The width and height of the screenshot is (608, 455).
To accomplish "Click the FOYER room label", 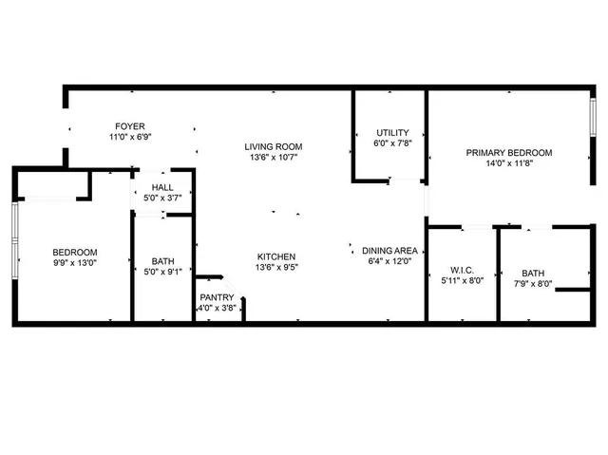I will click(130, 126).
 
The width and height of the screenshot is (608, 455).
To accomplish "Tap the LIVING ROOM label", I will click(274, 146).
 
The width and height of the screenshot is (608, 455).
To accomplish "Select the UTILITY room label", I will click(391, 132).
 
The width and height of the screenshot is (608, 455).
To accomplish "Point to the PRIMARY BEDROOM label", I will click(508, 152).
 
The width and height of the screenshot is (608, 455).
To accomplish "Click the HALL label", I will click(162, 188).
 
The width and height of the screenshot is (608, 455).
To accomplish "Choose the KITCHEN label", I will click(276, 256).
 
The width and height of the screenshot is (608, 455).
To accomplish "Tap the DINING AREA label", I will click(390, 251).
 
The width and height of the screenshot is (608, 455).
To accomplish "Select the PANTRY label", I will click(216, 298).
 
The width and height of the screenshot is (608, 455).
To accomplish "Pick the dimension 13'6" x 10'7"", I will click(274, 158).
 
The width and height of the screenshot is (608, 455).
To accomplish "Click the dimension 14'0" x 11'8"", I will click(508, 163).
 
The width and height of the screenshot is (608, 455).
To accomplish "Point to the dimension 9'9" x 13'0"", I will click(75, 263).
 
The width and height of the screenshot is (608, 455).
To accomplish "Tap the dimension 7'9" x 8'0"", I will click(533, 282).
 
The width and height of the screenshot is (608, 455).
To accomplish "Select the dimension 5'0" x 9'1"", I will click(162, 274).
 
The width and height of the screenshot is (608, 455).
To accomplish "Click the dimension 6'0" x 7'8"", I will click(391, 143).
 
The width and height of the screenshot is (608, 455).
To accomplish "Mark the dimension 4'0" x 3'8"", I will click(216, 309).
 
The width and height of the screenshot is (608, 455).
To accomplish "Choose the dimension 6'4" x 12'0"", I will click(390, 262).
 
